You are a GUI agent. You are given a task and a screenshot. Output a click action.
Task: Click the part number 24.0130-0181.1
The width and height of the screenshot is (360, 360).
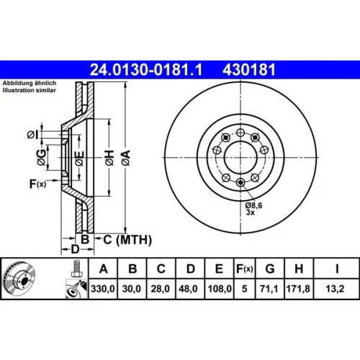pos(146,70)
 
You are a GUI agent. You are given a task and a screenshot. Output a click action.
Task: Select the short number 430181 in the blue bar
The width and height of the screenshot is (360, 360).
pos(249,70)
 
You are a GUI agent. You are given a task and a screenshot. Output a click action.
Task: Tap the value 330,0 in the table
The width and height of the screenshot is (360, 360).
pos(103,289)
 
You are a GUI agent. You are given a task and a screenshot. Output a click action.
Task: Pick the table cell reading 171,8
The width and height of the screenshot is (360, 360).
pos(298,289)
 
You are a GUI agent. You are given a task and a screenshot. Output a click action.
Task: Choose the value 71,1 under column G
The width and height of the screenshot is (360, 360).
pos(269,289)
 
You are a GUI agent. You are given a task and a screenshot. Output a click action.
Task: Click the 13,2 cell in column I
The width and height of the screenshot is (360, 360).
pos(335,289)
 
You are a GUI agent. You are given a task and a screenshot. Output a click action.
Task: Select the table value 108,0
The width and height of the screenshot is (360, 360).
pos(220,289)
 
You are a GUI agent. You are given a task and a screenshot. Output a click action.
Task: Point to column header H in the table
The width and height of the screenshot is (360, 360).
pos(299,269)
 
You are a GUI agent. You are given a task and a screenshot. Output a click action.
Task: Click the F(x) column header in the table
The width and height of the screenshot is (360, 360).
pos(244,269)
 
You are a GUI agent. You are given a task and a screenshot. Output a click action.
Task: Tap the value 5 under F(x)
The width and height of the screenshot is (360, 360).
pos(244,289)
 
